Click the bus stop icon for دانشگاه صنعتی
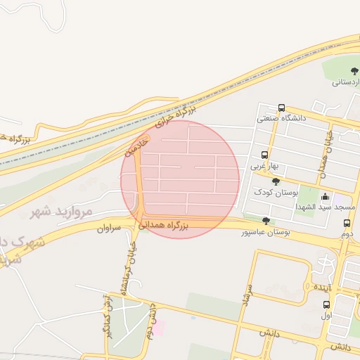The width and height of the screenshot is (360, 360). click(281, 108)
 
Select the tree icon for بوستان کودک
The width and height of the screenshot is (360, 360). click(275, 181)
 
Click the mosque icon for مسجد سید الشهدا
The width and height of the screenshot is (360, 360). click(325, 195)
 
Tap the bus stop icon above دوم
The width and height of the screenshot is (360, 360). click(346, 224)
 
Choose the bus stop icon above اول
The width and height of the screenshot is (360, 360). click(326, 304)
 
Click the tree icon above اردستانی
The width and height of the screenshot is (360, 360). click(354, 71)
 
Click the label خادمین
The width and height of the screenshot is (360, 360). click(136, 146)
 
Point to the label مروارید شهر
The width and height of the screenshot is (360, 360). click(62, 211)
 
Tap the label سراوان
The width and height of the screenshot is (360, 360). click(109, 229)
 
